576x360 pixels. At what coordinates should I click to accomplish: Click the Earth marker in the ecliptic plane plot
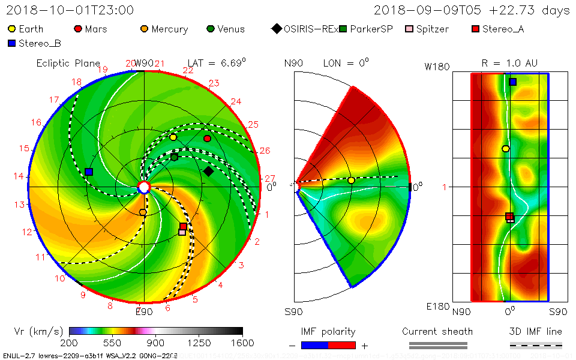click(173, 137)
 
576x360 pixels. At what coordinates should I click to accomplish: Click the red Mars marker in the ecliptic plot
click(208, 139)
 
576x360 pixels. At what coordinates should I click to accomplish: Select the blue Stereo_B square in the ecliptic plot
click(89, 172)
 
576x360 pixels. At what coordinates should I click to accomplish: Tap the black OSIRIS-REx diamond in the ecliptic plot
click(208, 172)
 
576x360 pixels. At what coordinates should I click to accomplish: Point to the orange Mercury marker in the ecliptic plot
click(143, 212)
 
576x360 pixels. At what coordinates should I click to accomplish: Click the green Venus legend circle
click(211, 29)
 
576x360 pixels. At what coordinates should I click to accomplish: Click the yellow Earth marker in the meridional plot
click(351, 180)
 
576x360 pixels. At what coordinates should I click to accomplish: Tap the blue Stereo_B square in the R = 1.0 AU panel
click(512, 82)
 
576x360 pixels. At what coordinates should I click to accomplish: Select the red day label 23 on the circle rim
click(214, 83)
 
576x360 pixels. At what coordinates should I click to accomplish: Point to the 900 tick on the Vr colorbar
click(156, 343)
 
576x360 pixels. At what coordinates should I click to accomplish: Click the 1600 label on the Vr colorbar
click(242, 343)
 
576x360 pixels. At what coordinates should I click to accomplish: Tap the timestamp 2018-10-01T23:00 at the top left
click(70, 10)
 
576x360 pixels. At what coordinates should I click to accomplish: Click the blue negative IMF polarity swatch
click(314, 345)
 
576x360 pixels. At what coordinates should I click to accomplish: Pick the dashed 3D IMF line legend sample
click(536, 345)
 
